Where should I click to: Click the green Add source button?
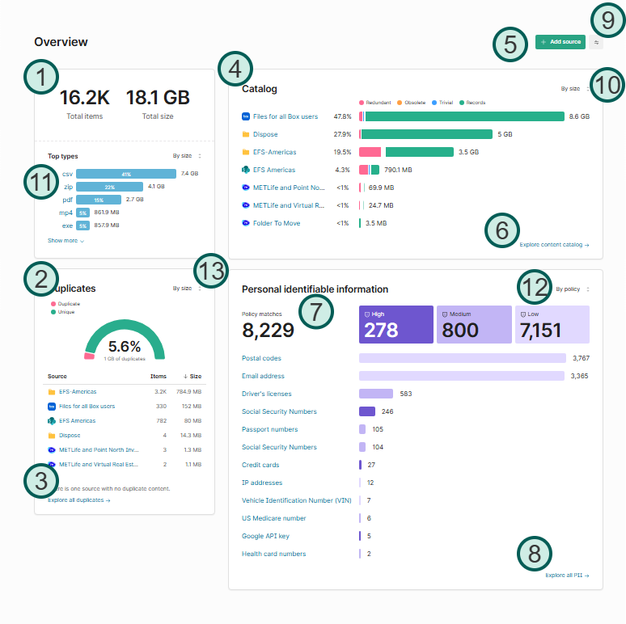(560, 41)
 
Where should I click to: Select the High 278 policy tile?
(396, 324)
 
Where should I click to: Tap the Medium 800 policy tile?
(473, 324)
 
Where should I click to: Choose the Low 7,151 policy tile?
(552, 324)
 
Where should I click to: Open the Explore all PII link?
(567, 576)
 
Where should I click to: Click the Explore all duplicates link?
(78, 500)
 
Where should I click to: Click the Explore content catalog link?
(554, 244)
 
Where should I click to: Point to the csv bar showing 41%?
(126, 174)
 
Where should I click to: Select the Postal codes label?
(261, 358)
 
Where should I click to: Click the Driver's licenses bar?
(375, 394)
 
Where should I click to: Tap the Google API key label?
(264, 536)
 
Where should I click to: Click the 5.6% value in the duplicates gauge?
(124, 346)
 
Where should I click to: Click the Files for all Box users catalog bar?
(463, 116)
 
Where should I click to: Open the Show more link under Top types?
(66, 241)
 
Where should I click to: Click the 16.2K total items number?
(84, 98)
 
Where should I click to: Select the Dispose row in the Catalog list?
(265, 134)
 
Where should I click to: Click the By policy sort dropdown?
(572, 289)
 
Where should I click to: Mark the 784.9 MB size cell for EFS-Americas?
(190, 392)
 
